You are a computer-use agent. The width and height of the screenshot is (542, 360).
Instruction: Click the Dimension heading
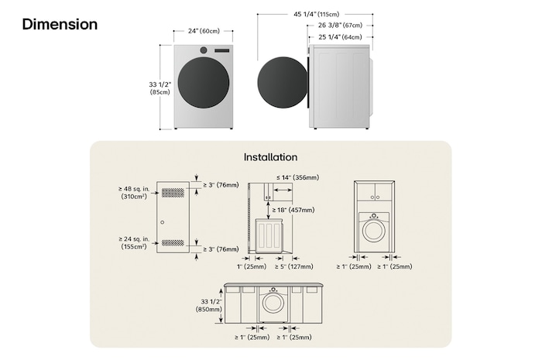coord(60,25)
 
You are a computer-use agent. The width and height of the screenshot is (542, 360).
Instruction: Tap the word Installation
coord(270,156)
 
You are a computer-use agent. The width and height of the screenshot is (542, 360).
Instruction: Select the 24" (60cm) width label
coord(203,32)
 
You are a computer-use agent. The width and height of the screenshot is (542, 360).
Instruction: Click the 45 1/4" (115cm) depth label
coord(316,14)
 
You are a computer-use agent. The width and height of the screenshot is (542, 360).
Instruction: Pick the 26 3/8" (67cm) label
coord(340,26)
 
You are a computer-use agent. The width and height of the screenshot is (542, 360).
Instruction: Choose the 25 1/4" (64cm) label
coord(340,36)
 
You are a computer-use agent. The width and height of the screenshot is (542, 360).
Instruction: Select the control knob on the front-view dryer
coord(204,50)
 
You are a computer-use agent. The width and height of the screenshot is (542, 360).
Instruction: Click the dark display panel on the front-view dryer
coord(221,50)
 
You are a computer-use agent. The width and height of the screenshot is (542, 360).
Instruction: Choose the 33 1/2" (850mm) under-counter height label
coord(211,305)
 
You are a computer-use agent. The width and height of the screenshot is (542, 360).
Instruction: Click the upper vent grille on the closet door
coord(173,192)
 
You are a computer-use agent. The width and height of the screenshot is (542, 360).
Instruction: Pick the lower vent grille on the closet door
coord(173,242)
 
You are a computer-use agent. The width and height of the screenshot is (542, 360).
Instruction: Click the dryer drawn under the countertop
coord(273,303)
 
